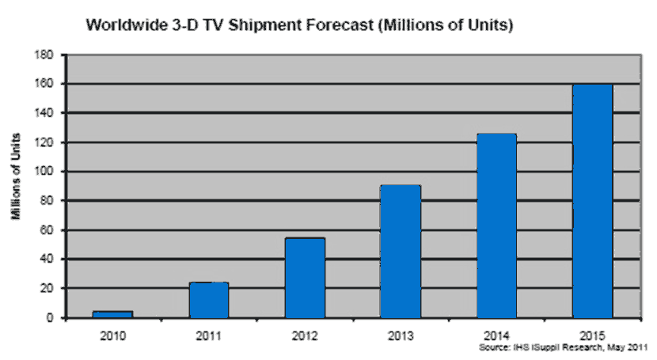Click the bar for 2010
point(113,314)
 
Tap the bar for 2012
point(305,278)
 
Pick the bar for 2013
point(401,252)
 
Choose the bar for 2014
point(496,225)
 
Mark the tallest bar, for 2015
point(592,201)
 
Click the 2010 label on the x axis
point(113,332)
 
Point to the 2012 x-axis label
point(305,332)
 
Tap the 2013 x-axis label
point(401,332)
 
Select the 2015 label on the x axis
point(592,332)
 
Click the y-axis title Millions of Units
point(17,186)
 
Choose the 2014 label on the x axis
point(496,332)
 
